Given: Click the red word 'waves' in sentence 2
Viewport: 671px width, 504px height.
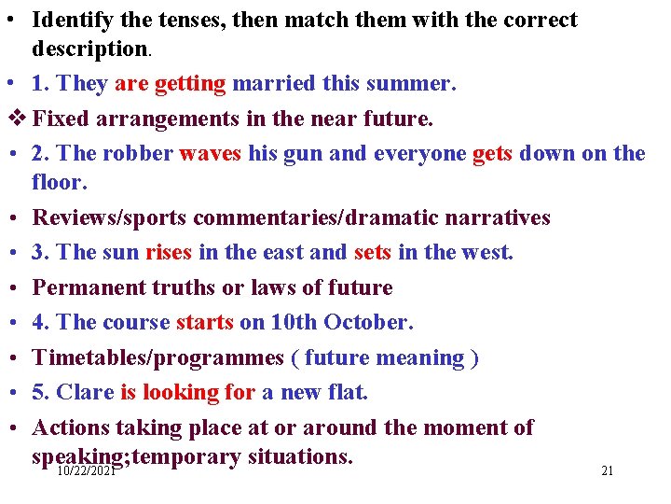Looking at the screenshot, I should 211,154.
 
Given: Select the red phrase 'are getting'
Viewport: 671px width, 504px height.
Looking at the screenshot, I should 170,84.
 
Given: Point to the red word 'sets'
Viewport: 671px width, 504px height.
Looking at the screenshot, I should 373,252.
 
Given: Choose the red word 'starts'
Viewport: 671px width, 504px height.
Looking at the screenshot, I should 204,323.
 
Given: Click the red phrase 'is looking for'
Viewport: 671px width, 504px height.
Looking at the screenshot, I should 187,393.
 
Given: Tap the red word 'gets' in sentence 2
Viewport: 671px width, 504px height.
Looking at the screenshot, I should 492,154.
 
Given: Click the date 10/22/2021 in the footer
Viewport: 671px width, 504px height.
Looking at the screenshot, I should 86,472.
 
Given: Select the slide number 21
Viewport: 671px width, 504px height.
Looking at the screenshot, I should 607,471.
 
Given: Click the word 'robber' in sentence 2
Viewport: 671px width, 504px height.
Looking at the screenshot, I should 133,154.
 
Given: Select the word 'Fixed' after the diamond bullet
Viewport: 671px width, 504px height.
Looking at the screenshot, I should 61,119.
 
